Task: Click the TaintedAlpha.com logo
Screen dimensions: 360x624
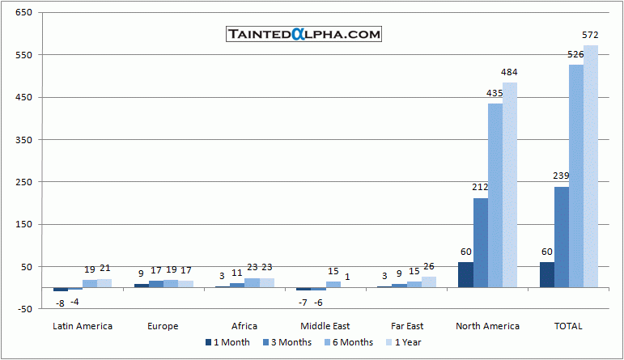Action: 304,34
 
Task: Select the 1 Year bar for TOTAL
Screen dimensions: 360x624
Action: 591,166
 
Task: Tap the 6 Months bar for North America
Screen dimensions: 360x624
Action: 495,195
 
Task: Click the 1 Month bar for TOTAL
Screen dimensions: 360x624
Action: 547,274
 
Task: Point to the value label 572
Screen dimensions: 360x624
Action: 591,36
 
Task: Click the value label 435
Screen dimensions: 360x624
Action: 495,94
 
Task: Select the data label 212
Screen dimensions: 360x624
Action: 481,188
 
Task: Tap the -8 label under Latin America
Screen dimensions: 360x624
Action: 60,303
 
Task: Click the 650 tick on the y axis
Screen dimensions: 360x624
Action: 23,14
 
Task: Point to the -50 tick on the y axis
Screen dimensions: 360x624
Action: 23,309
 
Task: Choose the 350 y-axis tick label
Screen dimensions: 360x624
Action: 23,140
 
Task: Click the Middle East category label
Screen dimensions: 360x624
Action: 325,326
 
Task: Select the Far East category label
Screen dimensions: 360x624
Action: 405,326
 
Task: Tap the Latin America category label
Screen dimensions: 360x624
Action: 83,326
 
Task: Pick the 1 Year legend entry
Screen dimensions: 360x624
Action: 405,342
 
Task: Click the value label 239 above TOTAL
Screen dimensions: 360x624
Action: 562,176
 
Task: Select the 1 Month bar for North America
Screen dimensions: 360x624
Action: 465,274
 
